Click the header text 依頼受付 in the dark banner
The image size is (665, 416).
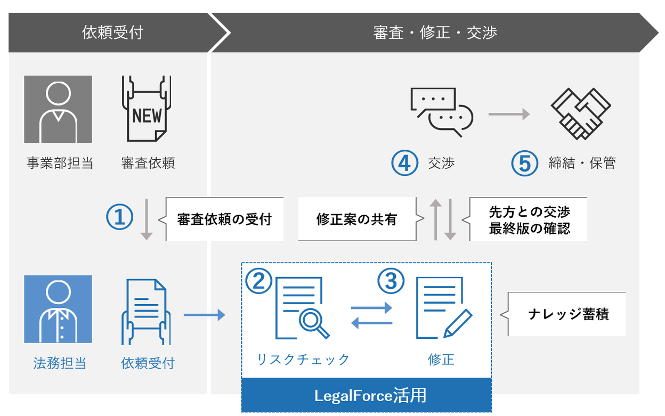[112, 32]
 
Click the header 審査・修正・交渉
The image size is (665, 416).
[435, 32]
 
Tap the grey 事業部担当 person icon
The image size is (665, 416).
[58, 109]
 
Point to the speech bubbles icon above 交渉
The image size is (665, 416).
[442, 112]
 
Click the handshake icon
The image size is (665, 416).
[580, 113]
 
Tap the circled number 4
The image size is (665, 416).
[404, 163]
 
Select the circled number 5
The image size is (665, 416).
[525, 163]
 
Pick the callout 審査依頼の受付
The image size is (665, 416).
[224, 219]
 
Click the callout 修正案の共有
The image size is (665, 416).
[356, 219]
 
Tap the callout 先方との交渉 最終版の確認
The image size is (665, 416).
[529, 219]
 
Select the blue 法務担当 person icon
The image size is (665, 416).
[58, 309]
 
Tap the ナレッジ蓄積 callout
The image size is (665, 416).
[568, 314]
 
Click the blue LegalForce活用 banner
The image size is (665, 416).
[367, 395]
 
